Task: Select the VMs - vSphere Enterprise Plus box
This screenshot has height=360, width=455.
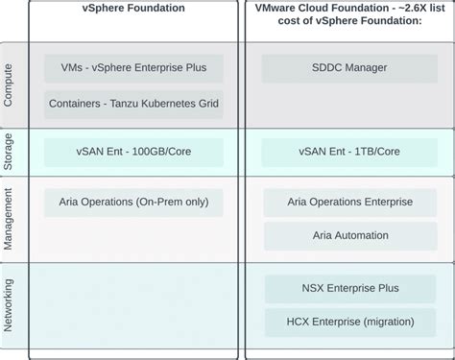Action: (x=133, y=68)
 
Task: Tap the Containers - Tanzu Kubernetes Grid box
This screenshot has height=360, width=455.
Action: (x=133, y=105)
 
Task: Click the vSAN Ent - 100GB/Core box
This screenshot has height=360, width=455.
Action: (x=133, y=152)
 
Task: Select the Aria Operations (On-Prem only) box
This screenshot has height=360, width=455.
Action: (x=133, y=202)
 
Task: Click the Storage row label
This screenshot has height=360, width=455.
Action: (x=9, y=152)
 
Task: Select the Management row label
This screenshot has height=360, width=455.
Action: (x=9, y=220)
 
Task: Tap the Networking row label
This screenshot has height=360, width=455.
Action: (x=9, y=304)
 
